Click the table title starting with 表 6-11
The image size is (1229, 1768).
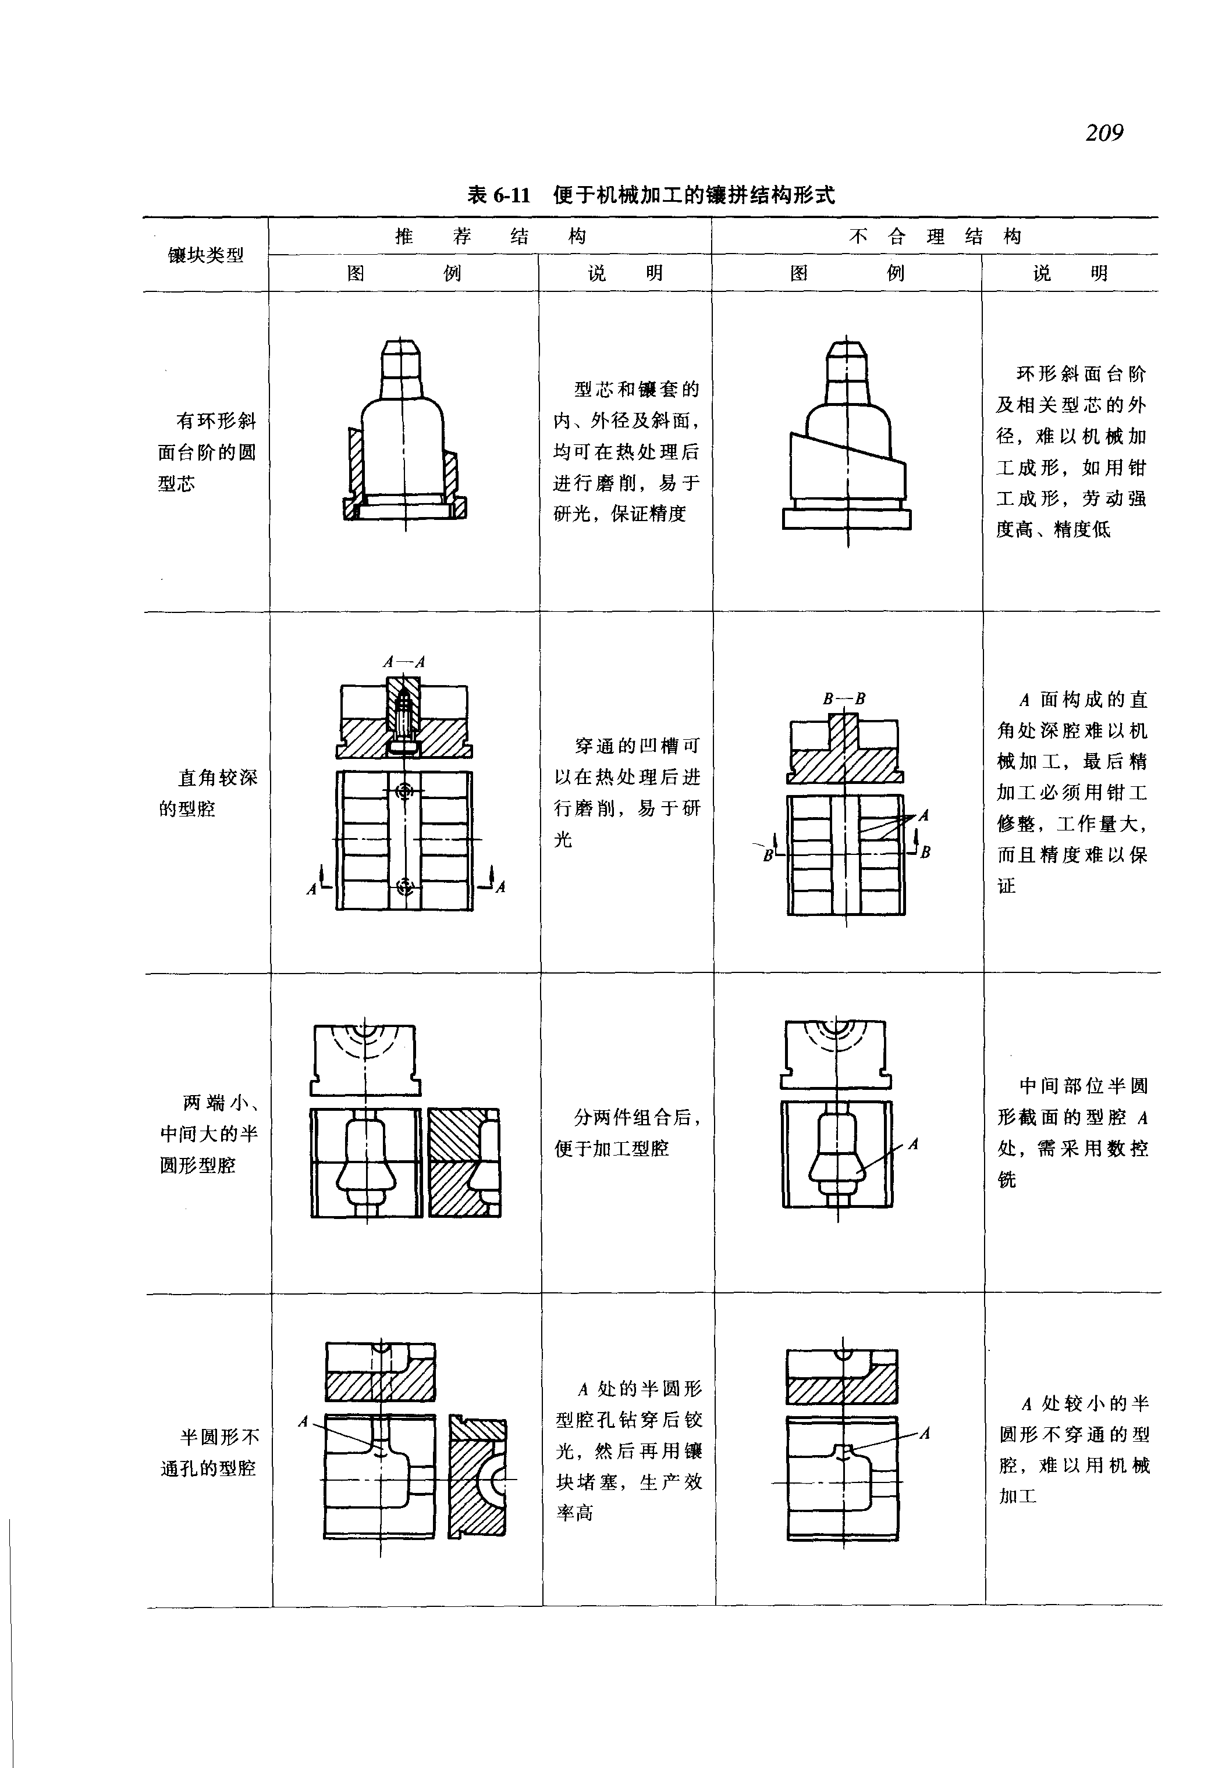tap(651, 195)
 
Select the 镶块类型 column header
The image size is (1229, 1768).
tap(205, 255)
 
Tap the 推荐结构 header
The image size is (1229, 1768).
tap(490, 236)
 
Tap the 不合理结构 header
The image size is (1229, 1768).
tap(934, 236)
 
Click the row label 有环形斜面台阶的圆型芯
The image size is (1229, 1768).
tap(207, 452)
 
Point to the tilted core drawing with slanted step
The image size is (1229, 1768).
tap(847, 443)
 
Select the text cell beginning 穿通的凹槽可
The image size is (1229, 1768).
tap(627, 792)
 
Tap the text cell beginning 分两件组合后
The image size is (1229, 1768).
tap(627, 1133)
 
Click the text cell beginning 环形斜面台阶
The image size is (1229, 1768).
tap(1071, 452)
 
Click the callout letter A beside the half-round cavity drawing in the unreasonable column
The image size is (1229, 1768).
tap(913, 1145)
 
